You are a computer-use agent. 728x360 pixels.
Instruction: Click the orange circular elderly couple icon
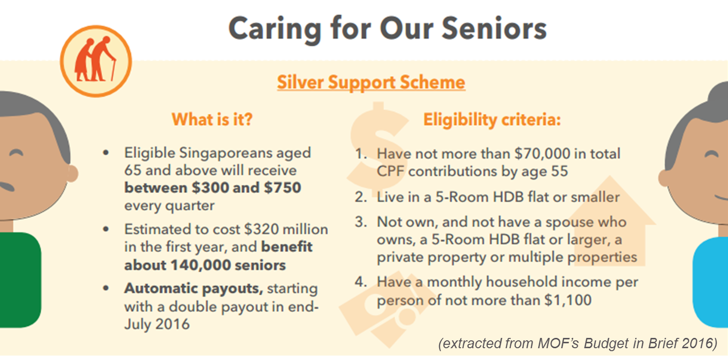tap(96, 61)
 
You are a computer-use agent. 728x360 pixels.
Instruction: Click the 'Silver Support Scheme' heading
tap(371, 82)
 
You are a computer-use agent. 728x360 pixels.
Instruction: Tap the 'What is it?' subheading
tap(212, 119)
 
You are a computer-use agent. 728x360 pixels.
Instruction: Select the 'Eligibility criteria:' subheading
tap(492, 120)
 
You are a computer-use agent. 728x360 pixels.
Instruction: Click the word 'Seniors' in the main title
tap(494, 28)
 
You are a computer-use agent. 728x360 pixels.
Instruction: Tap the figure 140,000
tap(200, 265)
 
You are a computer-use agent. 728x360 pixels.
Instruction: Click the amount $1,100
tap(568, 300)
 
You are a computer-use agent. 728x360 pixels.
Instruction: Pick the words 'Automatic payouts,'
tap(194, 288)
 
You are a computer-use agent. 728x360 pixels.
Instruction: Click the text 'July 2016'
tap(157, 324)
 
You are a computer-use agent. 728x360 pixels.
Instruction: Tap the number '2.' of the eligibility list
tap(361, 197)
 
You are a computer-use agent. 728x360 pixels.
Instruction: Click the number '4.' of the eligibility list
tap(361, 281)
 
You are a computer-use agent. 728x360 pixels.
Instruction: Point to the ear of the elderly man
tap(72, 173)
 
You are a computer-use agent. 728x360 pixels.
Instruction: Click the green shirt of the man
tap(20, 279)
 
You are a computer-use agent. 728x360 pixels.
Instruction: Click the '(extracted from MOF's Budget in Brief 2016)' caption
tap(578, 343)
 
